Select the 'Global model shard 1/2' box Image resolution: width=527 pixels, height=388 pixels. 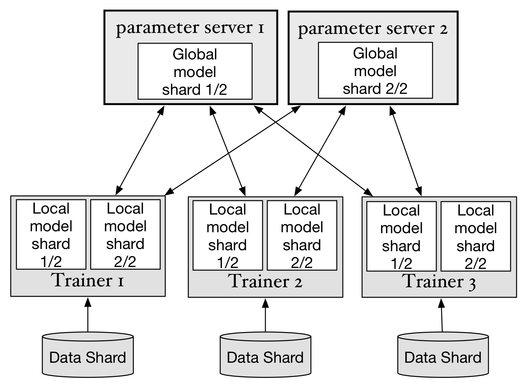[195, 71]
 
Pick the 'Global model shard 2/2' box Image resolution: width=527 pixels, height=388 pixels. [375, 70]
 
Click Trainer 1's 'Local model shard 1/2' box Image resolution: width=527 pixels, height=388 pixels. [51, 234]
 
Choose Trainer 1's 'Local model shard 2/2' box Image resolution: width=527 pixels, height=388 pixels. [125, 234]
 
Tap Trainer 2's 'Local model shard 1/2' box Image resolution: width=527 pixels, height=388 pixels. [227, 235]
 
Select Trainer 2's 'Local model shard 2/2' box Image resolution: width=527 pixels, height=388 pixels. [302, 235]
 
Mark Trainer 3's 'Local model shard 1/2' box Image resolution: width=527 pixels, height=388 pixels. [401, 236]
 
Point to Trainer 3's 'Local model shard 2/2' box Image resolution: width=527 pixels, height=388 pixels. [476, 236]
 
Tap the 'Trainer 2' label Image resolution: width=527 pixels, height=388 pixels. [265, 281]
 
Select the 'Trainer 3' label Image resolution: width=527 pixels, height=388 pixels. [440, 281]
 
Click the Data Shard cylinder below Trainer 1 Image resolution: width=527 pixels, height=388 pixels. [88, 355]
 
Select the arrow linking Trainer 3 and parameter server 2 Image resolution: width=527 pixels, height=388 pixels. [406, 151]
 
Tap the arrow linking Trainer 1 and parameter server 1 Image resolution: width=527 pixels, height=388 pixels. [140, 150]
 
